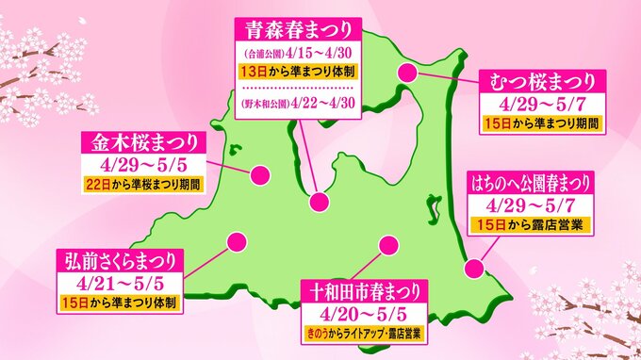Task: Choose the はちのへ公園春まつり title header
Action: (x=530, y=179)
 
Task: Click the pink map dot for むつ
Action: (x=408, y=73)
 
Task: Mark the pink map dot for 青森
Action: (x=320, y=201)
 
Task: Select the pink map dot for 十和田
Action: (x=385, y=246)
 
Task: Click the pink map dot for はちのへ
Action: (x=476, y=270)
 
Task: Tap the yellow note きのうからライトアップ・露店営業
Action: (x=365, y=333)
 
